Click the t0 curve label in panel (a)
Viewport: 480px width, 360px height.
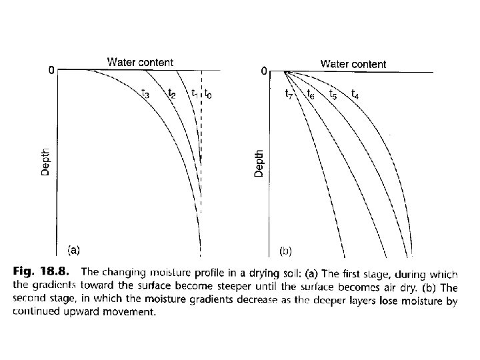[x=208, y=94]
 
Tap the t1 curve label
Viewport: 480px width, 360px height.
[x=193, y=93]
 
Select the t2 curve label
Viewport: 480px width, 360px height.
[x=172, y=93]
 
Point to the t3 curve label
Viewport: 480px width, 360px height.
[x=145, y=93]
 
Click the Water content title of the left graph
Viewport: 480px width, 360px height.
[x=140, y=62]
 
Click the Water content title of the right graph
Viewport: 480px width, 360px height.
[x=353, y=64]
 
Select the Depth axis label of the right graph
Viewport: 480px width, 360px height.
[x=259, y=162]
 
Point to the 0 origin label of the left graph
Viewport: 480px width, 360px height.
[x=51, y=69]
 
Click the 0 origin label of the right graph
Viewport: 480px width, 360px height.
[x=265, y=70]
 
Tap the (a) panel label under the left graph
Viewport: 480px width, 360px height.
[x=73, y=251]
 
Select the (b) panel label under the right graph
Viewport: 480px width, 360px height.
[x=285, y=251]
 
